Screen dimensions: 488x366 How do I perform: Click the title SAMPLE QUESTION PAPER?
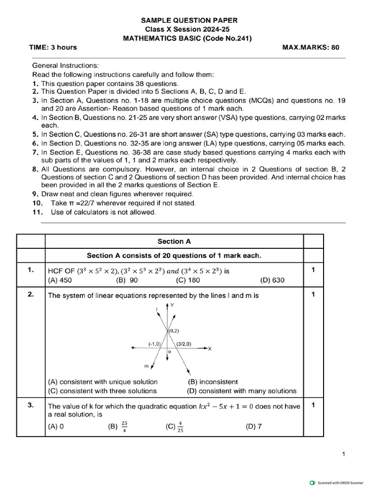(x=189, y=20)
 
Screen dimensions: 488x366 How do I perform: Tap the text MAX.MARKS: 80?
(x=311, y=47)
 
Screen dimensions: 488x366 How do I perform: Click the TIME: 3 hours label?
(x=53, y=47)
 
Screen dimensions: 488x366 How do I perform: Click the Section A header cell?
(x=174, y=241)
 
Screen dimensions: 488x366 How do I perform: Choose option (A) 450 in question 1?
(x=60, y=280)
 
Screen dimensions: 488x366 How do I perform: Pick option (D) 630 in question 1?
(x=272, y=280)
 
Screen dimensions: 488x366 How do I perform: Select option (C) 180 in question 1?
(x=188, y=280)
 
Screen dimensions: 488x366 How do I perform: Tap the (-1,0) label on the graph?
(x=155, y=344)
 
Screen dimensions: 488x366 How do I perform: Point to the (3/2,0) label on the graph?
(x=183, y=344)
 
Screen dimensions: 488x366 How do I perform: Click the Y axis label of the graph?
(x=172, y=305)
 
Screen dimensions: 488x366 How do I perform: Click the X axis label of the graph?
(x=210, y=349)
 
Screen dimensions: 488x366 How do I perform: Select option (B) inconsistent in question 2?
(x=213, y=382)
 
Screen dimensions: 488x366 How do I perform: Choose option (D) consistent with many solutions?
(x=242, y=391)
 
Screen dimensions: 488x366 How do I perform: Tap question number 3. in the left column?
(x=30, y=406)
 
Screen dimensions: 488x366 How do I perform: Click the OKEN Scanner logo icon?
(x=312, y=482)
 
